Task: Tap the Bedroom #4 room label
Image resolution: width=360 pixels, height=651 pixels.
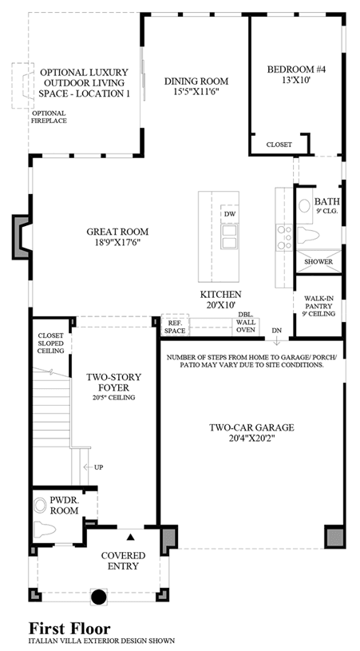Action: pyautogui.click(x=297, y=69)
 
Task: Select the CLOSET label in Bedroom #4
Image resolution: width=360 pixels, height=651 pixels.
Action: pyautogui.click(x=279, y=145)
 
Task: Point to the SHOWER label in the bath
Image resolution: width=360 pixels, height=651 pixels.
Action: pyautogui.click(x=318, y=261)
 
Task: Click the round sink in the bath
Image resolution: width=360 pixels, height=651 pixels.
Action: pyautogui.click(x=305, y=205)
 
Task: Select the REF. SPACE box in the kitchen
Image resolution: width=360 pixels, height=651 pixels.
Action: pyautogui.click(x=175, y=324)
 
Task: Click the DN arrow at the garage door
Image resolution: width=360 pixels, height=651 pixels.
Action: pyautogui.click(x=277, y=340)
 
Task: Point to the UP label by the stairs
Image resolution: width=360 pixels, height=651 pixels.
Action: pyautogui.click(x=98, y=467)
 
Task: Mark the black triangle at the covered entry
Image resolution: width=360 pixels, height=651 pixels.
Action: pyautogui.click(x=131, y=537)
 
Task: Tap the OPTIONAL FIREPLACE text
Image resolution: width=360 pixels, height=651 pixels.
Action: pyautogui.click(x=49, y=117)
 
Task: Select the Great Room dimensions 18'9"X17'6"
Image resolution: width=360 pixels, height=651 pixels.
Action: pyautogui.click(x=117, y=243)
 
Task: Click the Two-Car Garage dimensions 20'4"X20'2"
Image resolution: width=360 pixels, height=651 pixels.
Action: pyautogui.click(x=251, y=438)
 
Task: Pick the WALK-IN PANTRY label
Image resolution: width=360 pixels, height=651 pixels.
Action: pyautogui.click(x=318, y=306)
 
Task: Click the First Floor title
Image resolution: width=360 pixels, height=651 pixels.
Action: pyautogui.click(x=69, y=628)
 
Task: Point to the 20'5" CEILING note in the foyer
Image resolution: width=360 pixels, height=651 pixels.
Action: pyautogui.click(x=113, y=397)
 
